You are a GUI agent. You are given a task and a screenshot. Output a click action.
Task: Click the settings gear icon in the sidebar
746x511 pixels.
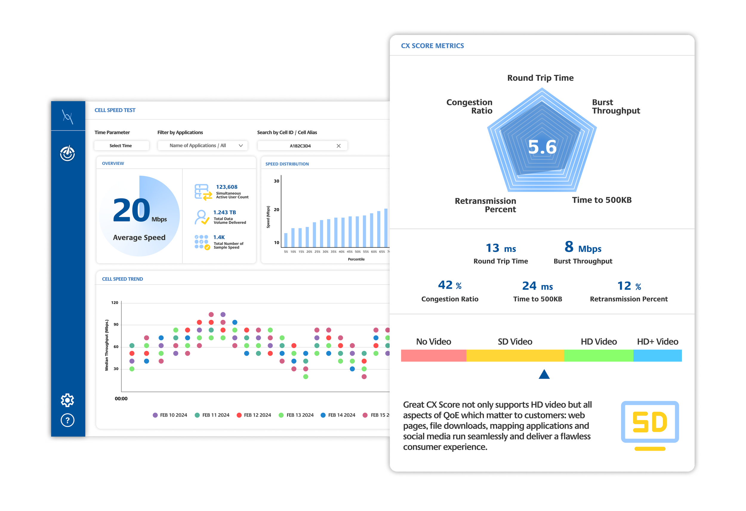point(67,400)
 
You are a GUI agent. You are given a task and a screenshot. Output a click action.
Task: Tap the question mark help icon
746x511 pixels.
point(67,420)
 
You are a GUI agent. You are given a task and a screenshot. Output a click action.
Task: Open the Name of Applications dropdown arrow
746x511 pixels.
point(241,145)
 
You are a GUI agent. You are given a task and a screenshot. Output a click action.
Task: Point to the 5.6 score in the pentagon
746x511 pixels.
point(542,147)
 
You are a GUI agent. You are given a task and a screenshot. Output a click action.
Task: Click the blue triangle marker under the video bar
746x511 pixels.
point(544,374)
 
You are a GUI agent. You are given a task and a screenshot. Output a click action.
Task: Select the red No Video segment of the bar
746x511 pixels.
point(433,355)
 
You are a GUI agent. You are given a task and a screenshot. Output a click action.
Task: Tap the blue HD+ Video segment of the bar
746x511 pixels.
point(657,355)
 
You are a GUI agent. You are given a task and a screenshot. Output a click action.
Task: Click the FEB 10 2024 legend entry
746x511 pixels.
point(170,415)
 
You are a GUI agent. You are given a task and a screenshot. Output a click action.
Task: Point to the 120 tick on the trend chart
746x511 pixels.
point(115,303)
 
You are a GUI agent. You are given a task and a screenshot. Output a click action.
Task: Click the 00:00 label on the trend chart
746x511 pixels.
point(121,398)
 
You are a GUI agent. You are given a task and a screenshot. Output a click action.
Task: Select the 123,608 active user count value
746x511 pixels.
point(226,187)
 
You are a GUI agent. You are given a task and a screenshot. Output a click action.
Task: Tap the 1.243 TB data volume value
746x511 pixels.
point(224,212)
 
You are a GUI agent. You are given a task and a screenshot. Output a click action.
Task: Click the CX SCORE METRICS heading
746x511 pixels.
point(432,46)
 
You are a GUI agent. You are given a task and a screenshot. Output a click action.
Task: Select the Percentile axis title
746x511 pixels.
point(356,259)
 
